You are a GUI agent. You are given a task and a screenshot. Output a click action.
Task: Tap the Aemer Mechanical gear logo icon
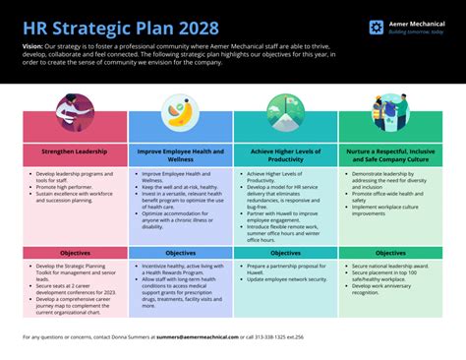click(x=377, y=28)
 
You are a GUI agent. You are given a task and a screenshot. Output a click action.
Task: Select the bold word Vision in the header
click(x=31, y=46)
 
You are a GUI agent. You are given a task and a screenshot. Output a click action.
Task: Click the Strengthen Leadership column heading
click(x=75, y=152)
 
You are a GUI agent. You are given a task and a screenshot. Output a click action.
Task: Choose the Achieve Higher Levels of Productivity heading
click(x=285, y=156)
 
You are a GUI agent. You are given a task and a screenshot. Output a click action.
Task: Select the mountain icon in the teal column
click(x=285, y=110)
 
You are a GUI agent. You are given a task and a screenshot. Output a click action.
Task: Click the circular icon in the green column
click(x=390, y=110)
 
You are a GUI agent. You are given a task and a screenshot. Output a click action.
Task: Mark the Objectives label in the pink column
click(x=75, y=253)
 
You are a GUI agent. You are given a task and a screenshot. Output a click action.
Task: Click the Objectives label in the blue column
click(x=180, y=253)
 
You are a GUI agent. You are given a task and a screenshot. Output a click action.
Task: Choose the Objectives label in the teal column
click(x=285, y=253)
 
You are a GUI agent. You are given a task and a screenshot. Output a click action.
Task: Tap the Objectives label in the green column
click(x=390, y=253)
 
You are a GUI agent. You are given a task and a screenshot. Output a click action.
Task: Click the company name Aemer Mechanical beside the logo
click(x=416, y=23)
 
